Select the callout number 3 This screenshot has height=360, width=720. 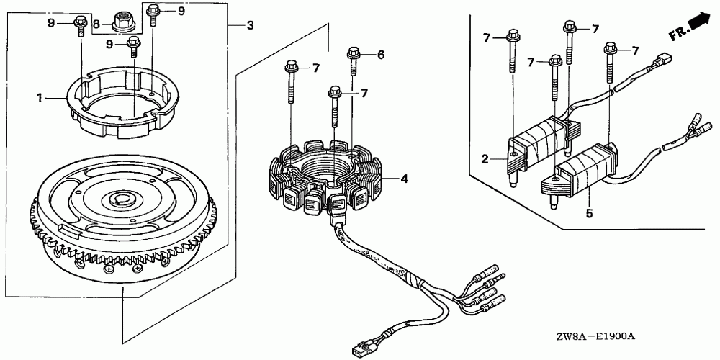tap(250, 26)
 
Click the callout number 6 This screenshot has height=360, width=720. tap(381, 55)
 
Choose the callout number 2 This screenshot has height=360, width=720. tap(485, 158)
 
